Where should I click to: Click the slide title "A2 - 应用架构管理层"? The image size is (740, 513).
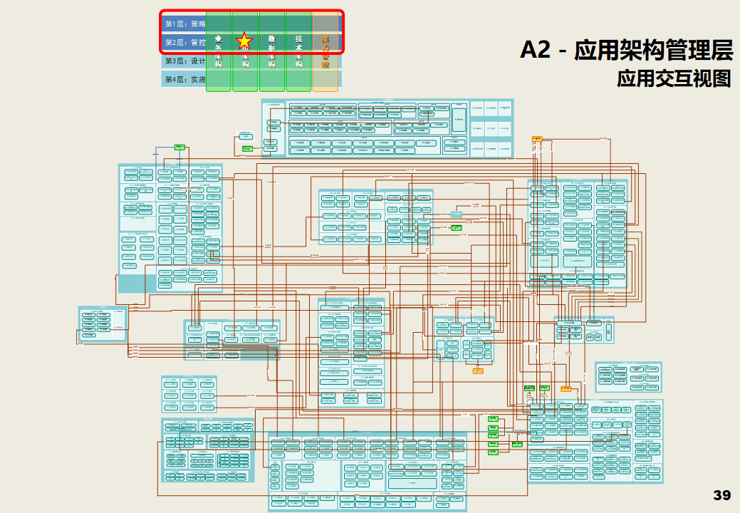coord(626,50)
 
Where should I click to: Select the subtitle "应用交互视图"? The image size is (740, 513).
coord(674,78)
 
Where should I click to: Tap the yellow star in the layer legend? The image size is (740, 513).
coord(244,41)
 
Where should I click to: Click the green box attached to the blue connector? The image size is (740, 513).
coord(180,147)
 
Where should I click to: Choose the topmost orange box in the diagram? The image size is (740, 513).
coord(536,138)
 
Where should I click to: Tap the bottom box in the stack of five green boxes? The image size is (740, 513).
coord(493,452)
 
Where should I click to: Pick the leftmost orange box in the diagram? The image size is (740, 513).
coord(478,370)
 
